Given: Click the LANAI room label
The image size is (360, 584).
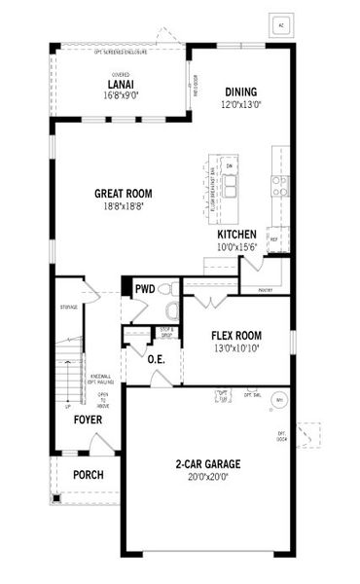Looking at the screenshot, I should click(x=121, y=84).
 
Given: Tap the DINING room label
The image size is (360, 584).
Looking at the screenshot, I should click(x=240, y=92).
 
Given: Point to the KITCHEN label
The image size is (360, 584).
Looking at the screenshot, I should click(x=236, y=235).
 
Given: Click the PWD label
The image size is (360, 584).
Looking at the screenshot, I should click(x=145, y=288).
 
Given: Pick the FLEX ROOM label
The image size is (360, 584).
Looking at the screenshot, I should click(x=237, y=335).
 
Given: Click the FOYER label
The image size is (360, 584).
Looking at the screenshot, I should click(x=89, y=420).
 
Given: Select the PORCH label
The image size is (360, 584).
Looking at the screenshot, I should click(x=89, y=476).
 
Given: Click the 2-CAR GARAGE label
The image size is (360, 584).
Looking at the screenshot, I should click(x=208, y=464).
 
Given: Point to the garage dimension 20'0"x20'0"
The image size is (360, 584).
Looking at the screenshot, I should click(x=208, y=477).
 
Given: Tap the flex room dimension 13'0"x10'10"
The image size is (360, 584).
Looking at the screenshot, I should click(x=237, y=347).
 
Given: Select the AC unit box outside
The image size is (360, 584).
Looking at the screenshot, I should click(x=281, y=25).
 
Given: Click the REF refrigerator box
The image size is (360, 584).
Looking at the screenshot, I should click(x=274, y=237).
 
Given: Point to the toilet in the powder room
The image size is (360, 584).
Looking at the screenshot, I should click(x=170, y=310).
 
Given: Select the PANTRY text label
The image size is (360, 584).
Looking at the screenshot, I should click(x=266, y=289).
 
